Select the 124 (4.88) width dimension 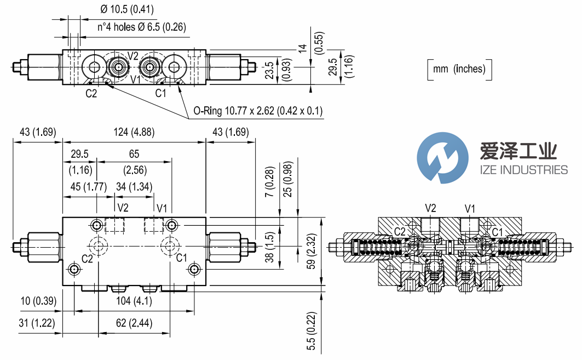[x=134, y=132]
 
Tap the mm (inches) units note [x=459, y=69]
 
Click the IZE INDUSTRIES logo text [x=523, y=169]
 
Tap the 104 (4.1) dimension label [x=134, y=301]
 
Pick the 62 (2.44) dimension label [x=134, y=323]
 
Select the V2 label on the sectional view [x=431, y=208]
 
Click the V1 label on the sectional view [x=470, y=208]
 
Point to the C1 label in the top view [x=160, y=93]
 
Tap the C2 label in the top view [x=91, y=93]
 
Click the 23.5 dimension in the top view [x=269, y=70]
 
